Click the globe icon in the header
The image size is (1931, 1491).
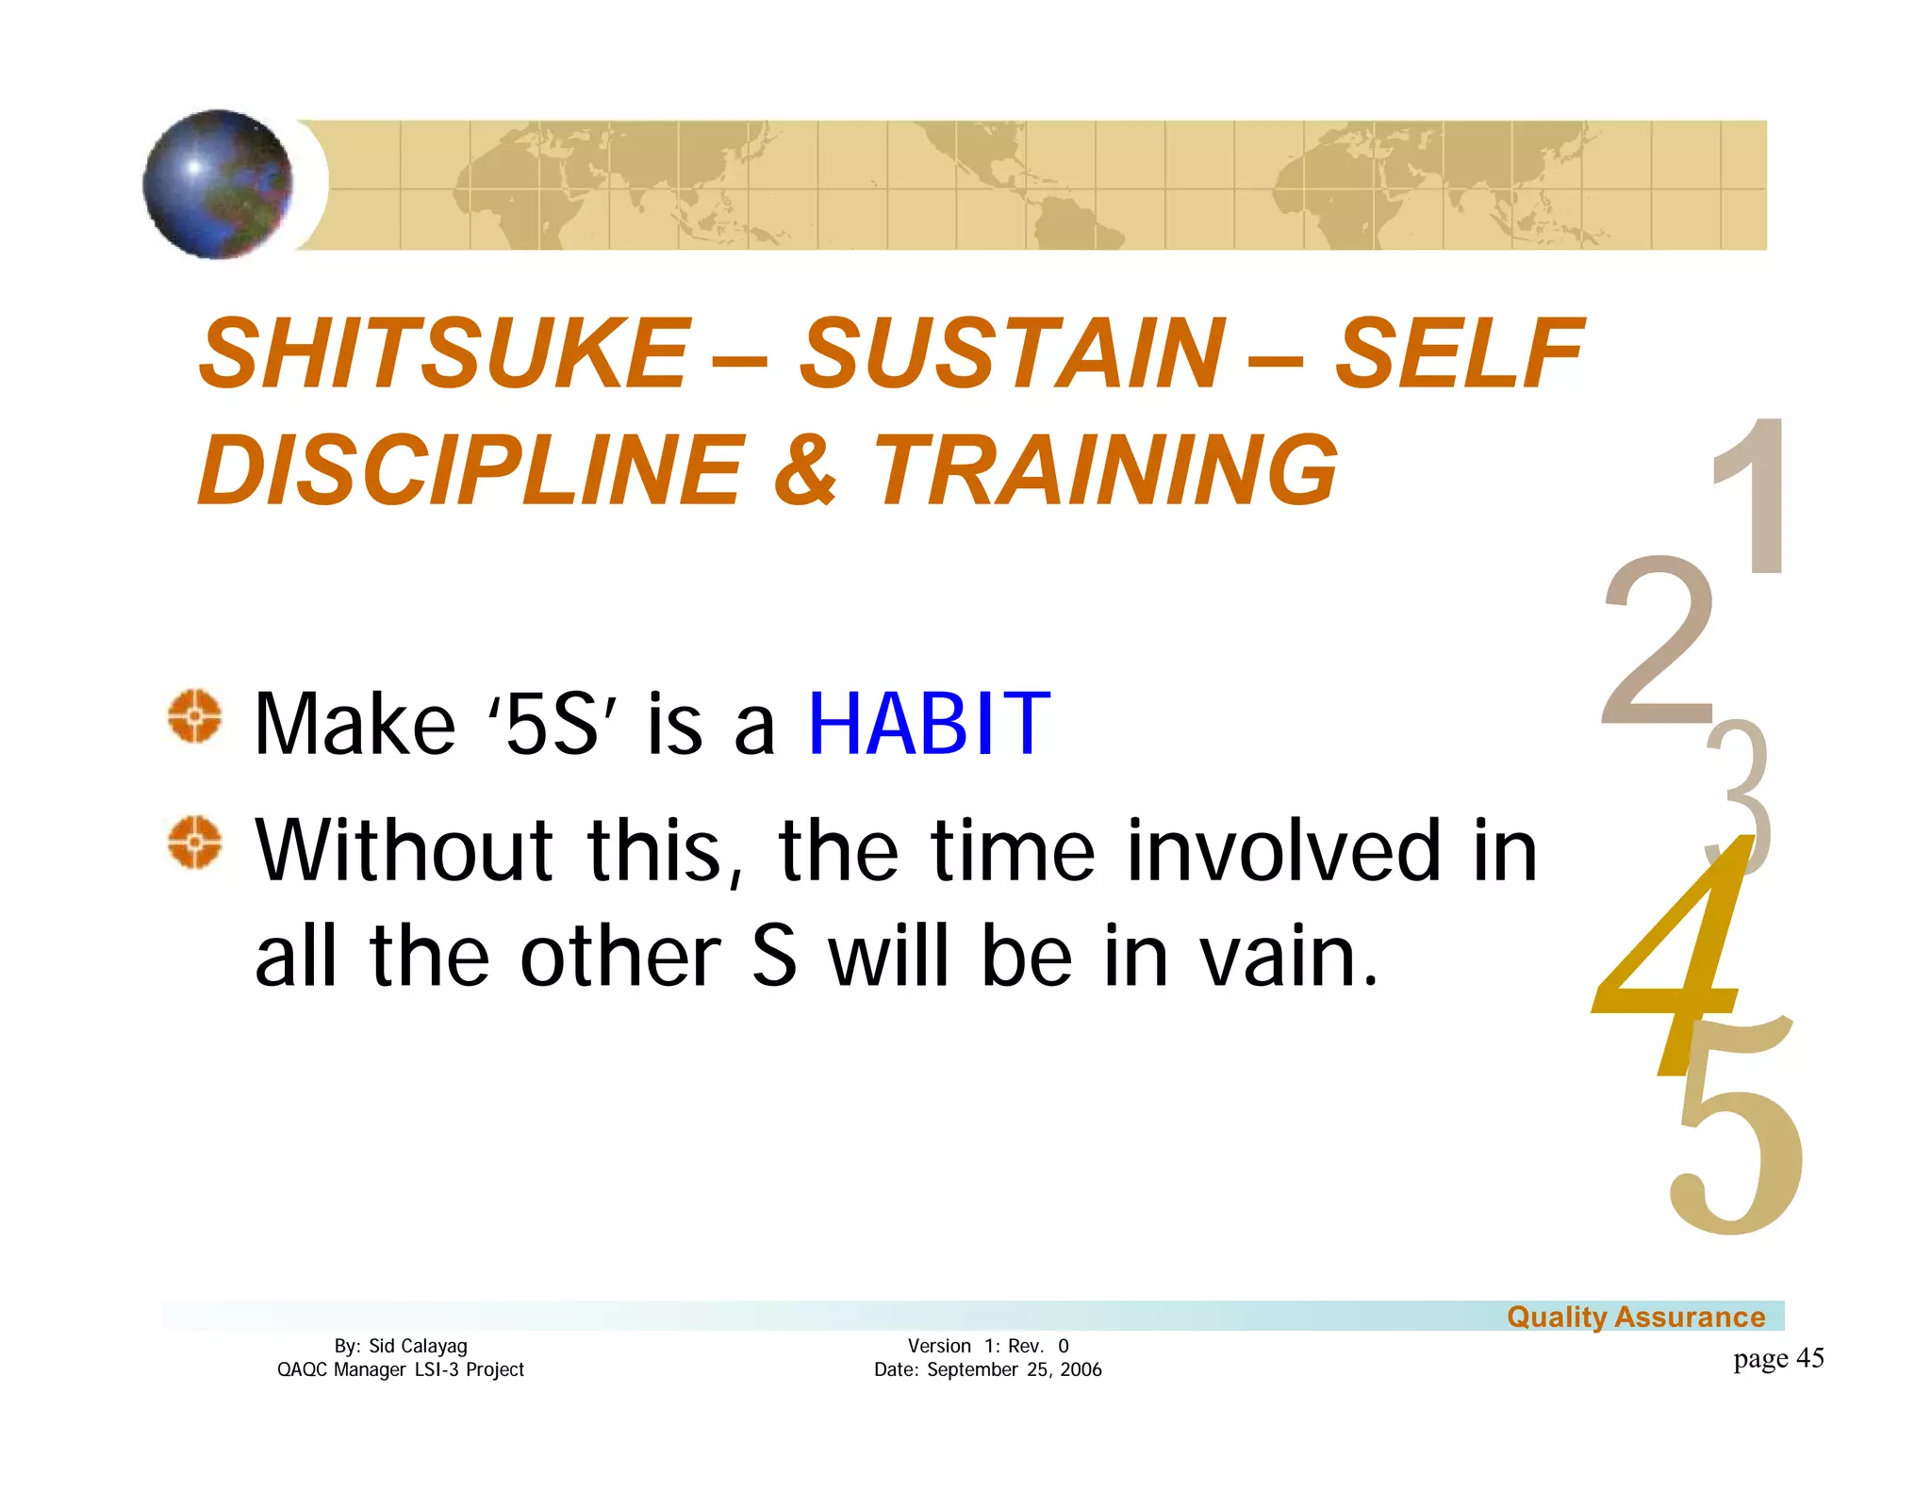(x=218, y=185)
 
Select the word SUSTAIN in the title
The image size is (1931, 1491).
(x=1013, y=353)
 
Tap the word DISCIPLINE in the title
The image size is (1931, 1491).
(x=472, y=469)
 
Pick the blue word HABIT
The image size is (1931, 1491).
(x=929, y=724)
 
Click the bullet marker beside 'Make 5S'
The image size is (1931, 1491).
(x=195, y=717)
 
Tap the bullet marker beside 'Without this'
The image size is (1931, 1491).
(x=195, y=842)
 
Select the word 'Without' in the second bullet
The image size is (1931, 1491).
(x=404, y=850)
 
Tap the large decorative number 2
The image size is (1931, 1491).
(x=1658, y=641)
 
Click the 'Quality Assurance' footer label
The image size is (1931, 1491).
(x=1635, y=1317)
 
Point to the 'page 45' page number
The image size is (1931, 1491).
(x=1777, y=1358)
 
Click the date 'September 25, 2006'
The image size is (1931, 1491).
(x=1014, y=1369)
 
